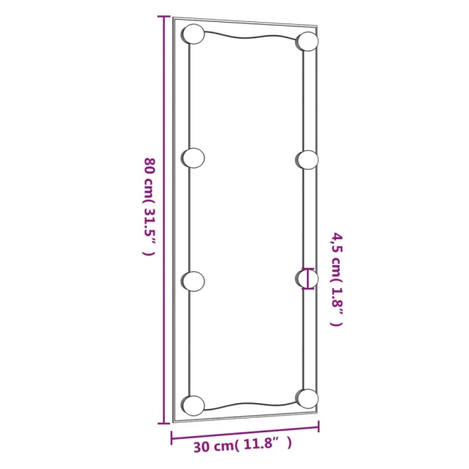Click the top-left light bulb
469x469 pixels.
pos(193,34)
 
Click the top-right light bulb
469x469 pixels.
pos(307,41)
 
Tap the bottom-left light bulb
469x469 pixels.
pos(193,405)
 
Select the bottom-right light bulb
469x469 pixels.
pos(307,399)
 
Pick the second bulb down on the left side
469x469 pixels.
pos(193,158)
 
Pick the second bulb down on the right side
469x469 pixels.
pos(307,160)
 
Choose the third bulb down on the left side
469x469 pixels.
pos(193,281)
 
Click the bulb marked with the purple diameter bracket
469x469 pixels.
pos(307,278)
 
